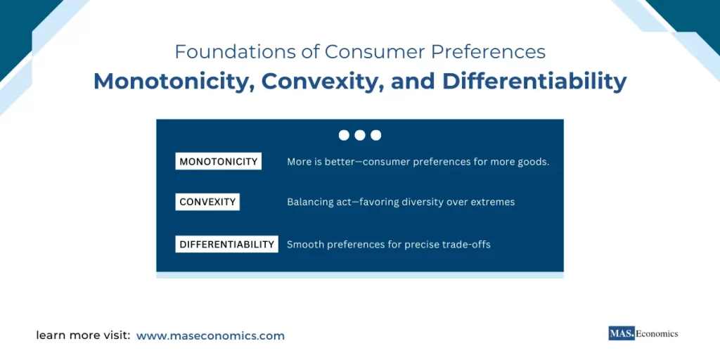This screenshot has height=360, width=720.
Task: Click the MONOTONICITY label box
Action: (218, 161)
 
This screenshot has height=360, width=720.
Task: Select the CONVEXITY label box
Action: (207, 202)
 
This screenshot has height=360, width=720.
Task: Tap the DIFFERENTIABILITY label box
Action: (226, 244)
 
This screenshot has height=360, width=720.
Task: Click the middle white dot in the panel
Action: (360, 135)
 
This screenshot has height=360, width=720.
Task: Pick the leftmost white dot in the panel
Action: (344, 135)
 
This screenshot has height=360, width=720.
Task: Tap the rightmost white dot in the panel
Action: (376, 135)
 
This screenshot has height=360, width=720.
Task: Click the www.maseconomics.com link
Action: (210, 336)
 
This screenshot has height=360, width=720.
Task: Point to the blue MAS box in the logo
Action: (622, 334)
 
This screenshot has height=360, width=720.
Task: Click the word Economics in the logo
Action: (657, 334)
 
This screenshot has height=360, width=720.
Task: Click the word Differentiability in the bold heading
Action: (534, 82)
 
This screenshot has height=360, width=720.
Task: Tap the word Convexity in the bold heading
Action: (314, 82)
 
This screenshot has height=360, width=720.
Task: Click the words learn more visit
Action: (83, 336)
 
